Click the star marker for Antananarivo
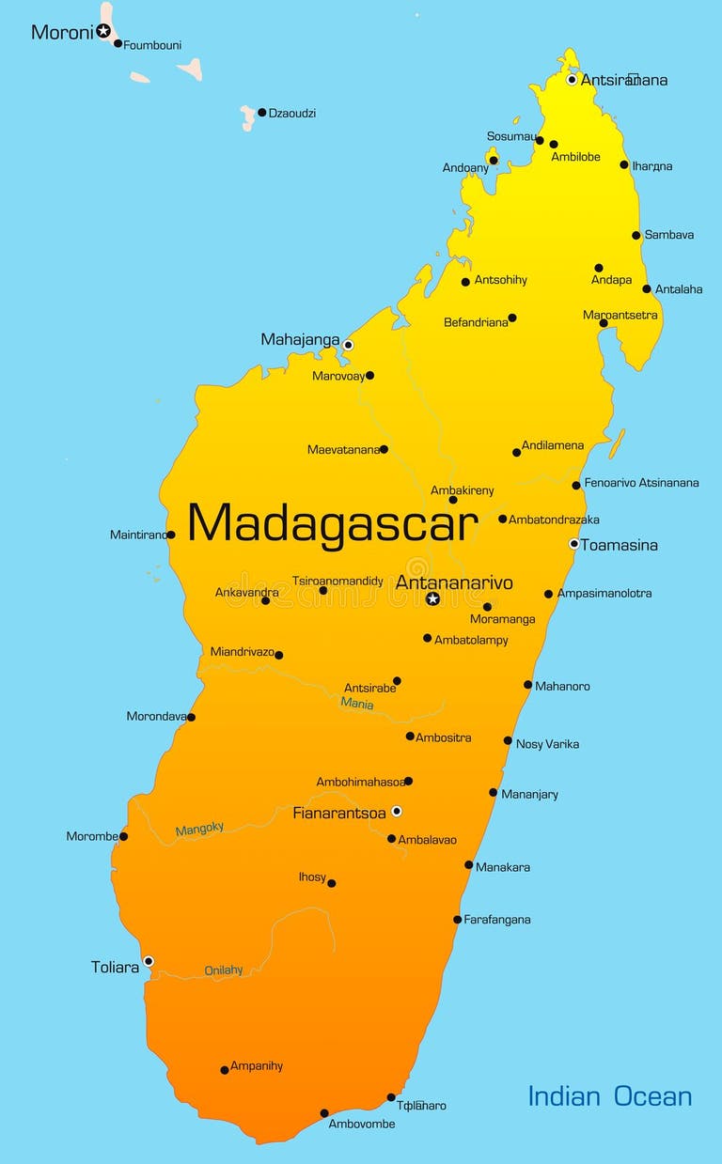(432, 598)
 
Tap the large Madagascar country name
(333, 523)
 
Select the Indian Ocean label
(609, 1096)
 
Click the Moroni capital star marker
(103, 31)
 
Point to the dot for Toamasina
(573, 544)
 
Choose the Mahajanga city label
(300, 340)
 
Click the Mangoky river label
(199, 829)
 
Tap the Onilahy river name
(224, 970)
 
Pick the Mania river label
(357, 704)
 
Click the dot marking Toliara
(149, 961)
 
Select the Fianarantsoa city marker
(397, 811)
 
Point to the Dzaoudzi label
(292, 114)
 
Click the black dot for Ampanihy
(225, 1070)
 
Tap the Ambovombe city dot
(324, 1113)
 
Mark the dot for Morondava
(191, 717)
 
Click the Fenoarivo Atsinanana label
(641, 483)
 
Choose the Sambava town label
(669, 235)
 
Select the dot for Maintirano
(170, 535)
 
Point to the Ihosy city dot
(331, 883)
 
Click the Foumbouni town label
(153, 45)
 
